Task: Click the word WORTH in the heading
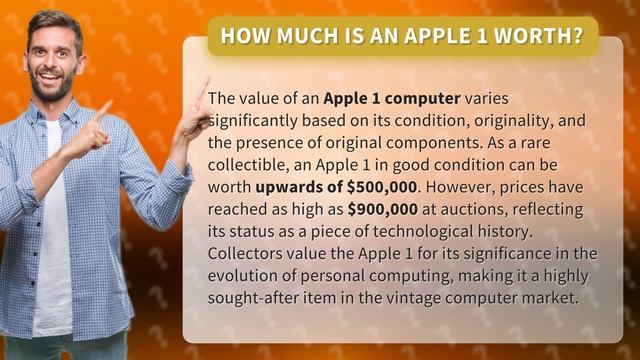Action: (x=541, y=37)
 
